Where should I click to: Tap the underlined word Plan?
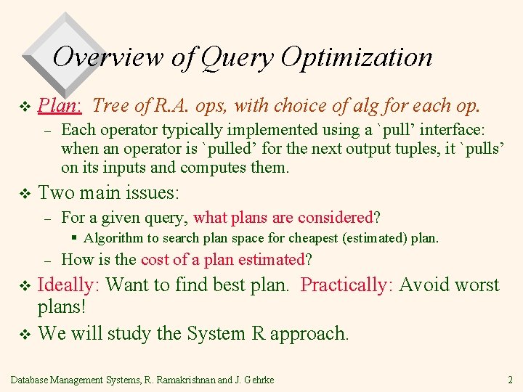tap(60, 106)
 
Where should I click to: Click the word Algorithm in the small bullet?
tap(111, 238)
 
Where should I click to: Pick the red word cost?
tap(155, 260)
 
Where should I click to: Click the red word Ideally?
tap(69, 285)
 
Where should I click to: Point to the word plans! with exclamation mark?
tap(62, 307)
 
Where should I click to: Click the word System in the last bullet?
tap(216, 334)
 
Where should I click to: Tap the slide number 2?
tap(511, 380)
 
